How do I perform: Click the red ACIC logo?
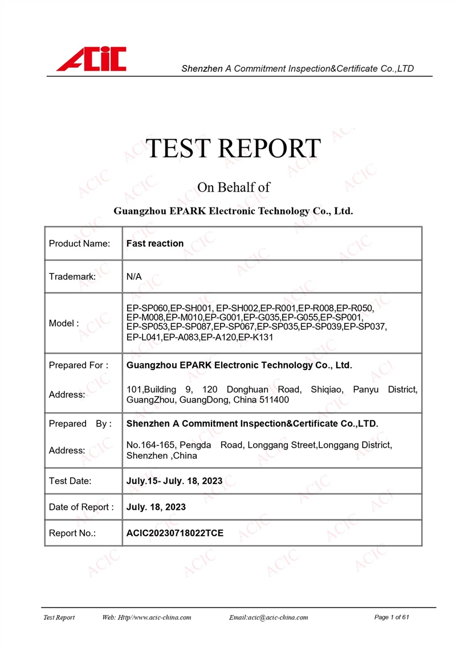tap(91, 59)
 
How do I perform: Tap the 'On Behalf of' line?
tap(233, 187)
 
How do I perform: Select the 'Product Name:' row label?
tap(79, 244)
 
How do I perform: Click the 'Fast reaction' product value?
tap(155, 244)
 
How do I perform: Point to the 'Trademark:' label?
tap(72, 277)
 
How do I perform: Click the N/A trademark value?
tap(134, 277)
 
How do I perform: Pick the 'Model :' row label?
tap(64, 323)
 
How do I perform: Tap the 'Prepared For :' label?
tap(79, 365)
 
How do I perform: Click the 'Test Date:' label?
tap(70, 481)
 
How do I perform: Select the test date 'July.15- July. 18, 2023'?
tap(174, 481)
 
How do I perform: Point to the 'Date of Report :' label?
tap(81, 507)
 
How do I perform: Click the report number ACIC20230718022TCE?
tap(175, 533)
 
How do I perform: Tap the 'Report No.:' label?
tap(72, 533)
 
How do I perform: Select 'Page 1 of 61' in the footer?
tap(392, 617)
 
